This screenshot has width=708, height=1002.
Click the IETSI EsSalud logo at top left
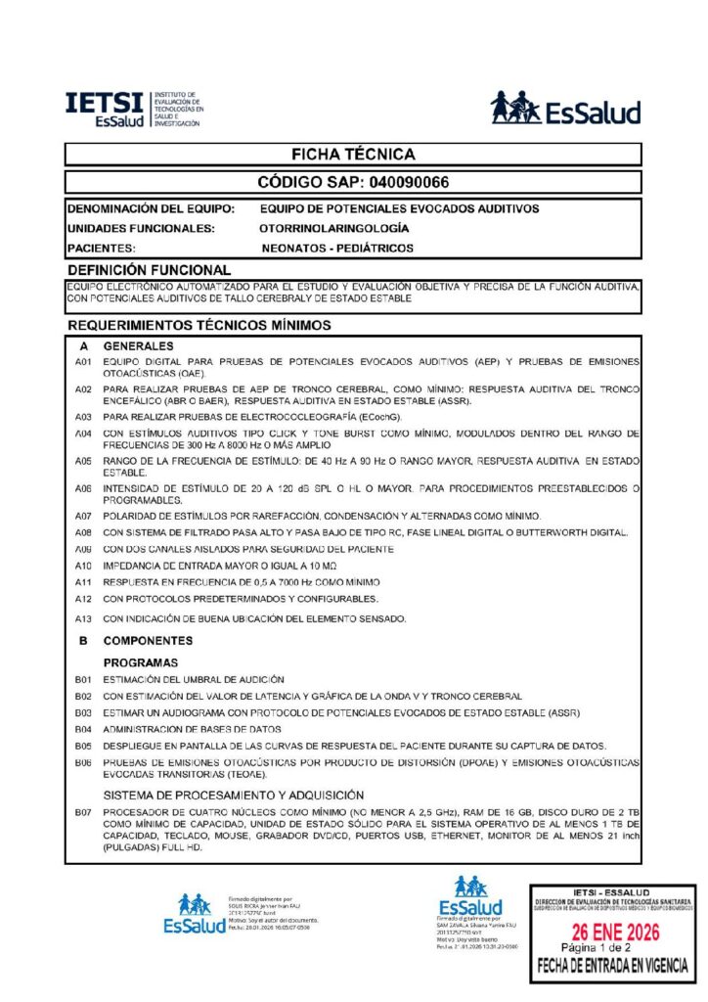pyautogui.click(x=135, y=109)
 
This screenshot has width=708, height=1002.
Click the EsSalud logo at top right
pyautogui.click(x=565, y=109)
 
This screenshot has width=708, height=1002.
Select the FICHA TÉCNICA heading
pyautogui.click(x=353, y=155)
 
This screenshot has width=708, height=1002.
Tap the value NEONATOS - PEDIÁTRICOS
pyautogui.click(x=337, y=249)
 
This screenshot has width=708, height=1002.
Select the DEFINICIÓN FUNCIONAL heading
pyautogui.click(x=149, y=270)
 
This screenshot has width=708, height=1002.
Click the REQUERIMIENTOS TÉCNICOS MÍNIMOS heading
pyautogui.click(x=199, y=325)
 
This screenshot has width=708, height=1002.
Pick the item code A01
pyautogui.click(x=83, y=362)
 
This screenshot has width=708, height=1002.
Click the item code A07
pyautogui.click(x=83, y=515)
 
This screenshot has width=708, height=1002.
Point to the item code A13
pyautogui.click(x=83, y=618)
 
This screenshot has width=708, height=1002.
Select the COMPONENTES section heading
pyautogui.click(x=148, y=641)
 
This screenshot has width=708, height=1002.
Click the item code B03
pyautogui.click(x=83, y=712)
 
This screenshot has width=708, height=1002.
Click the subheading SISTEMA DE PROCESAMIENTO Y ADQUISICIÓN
pyautogui.click(x=220, y=795)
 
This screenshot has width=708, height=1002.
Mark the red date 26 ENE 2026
pyautogui.click(x=611, y=930)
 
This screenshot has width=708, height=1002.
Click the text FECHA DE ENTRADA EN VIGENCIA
pyautogui.click(x=611, y=967)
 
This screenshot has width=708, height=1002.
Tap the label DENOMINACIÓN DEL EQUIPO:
pyautogui.click(x=151, y=208)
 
